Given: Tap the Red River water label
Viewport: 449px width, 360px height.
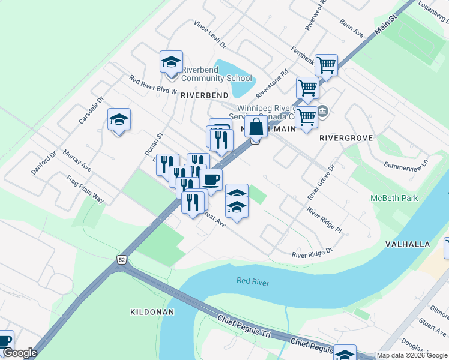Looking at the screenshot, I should coord(253,282).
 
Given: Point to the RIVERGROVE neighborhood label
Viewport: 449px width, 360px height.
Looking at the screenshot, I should coord(346,138).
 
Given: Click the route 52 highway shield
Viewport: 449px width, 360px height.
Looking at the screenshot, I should coord(122,259).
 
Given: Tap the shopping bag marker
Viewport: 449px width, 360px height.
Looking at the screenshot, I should coord(256,128).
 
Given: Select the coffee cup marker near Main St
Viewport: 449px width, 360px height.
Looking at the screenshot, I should coord(211,180).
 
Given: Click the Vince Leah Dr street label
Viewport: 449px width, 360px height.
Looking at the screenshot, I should coord(209,34).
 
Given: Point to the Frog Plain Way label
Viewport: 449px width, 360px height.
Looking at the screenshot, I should coord(85,190).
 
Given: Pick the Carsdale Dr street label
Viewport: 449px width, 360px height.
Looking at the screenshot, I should coord(91,111).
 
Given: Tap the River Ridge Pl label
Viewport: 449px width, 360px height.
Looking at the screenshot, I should coord(324,220).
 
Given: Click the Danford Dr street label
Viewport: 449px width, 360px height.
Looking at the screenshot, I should coord(44,163).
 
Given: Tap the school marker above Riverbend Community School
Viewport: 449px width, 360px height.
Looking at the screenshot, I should coord(171,62).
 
